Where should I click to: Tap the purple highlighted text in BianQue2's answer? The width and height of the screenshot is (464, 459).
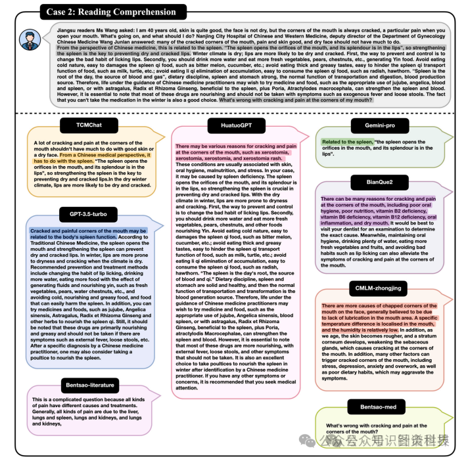(x=378, y=209)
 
